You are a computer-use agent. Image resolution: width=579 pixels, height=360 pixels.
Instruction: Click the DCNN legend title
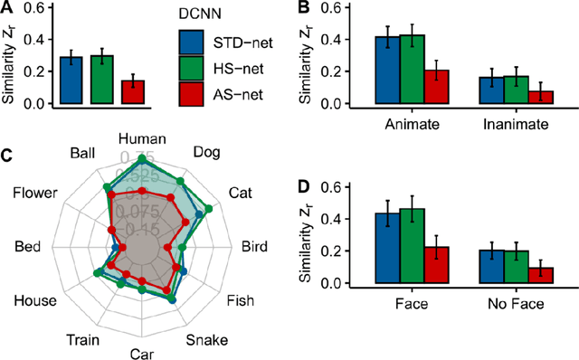[x=205, y=14]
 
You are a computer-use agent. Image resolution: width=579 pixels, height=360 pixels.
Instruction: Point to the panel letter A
[x=6, y=8]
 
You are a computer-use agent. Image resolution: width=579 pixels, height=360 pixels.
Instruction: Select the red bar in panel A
[x=132, y=91]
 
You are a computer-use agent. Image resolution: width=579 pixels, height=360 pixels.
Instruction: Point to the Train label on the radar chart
[x=84, y=339]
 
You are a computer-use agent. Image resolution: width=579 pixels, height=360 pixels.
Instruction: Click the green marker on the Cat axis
[x=209, y=210]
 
